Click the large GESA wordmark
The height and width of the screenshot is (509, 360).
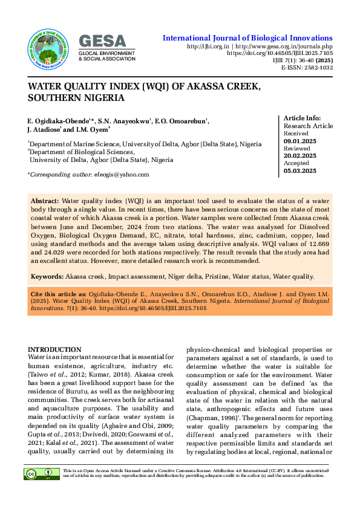tap(102, 41)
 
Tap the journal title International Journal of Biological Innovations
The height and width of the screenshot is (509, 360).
tap(247, 38)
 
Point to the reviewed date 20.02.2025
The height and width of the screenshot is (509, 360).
tap(300, 156)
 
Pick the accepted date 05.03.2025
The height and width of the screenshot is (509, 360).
tap(300, 171)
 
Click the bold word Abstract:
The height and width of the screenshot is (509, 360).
tap(45, 199)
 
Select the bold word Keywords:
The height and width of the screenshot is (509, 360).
tap(47, 276)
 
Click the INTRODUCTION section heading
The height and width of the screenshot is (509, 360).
tap(54, 349)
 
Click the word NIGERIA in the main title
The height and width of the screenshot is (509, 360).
tap(102, 97)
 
